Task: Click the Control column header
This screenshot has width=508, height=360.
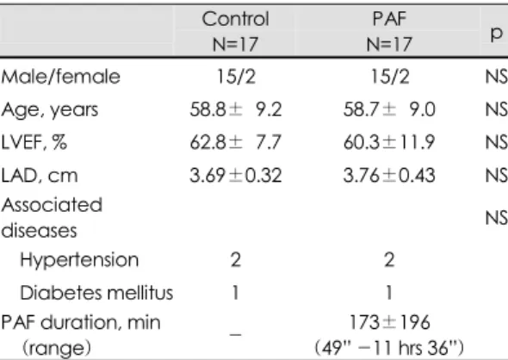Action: tap(236, 19)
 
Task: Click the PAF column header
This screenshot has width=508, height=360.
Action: tap(389, 19)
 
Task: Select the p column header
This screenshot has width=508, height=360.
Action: tap(496, 33)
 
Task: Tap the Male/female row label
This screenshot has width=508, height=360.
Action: tap(60, 77)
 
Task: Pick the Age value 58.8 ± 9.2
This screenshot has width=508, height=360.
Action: tap(236, 109)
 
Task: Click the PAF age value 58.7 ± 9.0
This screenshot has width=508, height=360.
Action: tap(389, 109)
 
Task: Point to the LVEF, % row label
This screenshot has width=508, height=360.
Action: tap(34, 142)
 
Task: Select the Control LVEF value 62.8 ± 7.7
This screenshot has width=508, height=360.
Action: tap(236, 142)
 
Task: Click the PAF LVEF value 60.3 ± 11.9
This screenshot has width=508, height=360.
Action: tap(389, 142)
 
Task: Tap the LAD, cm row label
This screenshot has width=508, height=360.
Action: tap(40, 176)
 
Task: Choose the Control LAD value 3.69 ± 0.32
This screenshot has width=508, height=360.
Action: tap(236, 176)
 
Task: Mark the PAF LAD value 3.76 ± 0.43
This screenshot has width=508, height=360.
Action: tap(389, 176)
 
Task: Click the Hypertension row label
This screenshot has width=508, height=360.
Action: tap(79, 260)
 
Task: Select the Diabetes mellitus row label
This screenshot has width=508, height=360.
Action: tap(96, 293)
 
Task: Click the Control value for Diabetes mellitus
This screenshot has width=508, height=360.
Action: tap(236, 293)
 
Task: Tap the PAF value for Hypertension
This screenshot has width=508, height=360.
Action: tap(389, 260)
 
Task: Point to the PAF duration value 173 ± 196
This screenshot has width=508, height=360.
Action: tap(390, 322)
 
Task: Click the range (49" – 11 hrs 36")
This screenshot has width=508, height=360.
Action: tap(389, 347)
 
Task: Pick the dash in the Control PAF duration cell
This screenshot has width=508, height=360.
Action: tap(236, 335)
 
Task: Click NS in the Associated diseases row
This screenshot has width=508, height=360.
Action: tap(497, 218)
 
